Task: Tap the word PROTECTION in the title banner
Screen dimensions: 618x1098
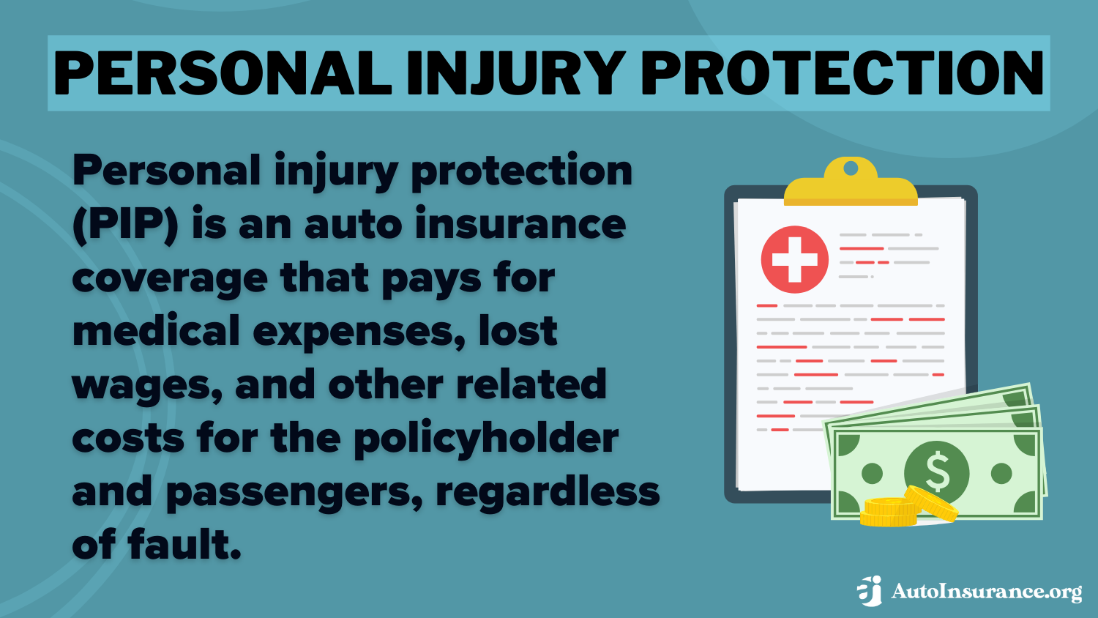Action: (843, 73)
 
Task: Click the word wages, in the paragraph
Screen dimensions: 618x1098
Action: (147, 386)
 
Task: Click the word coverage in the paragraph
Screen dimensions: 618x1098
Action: (170, 278)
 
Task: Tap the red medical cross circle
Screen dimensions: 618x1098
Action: (795, 259)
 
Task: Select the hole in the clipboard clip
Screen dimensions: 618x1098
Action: (851, 168)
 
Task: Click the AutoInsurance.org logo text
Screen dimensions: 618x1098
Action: (986, 592)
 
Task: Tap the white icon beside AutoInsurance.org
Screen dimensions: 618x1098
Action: (870, 591)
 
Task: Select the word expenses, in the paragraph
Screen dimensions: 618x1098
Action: (359, 332)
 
